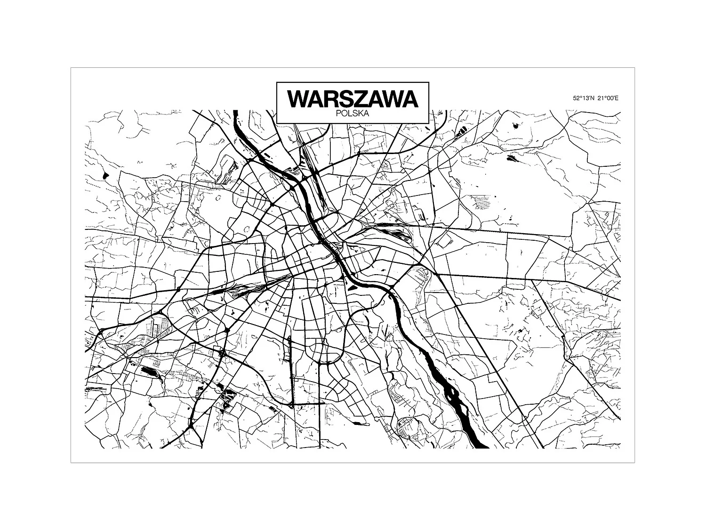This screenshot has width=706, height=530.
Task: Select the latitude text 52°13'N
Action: tap(584, 98)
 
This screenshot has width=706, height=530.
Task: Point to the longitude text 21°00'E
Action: tap(608, 98)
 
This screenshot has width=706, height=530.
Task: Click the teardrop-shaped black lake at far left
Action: tap(104, 176)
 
